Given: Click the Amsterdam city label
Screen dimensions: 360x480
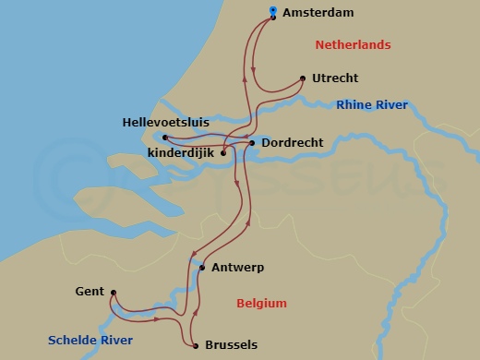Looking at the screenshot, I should (x=319, y=13).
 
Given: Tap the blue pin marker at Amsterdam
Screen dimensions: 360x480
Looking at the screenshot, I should (x=273, y=12).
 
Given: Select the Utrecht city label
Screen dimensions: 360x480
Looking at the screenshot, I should (x=335, y=78).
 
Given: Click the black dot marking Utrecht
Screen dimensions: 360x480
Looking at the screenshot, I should (x=304, y=78).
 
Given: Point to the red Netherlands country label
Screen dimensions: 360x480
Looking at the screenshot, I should (x=353, y=44).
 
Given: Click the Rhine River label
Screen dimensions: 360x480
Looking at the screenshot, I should (x=372, y=105).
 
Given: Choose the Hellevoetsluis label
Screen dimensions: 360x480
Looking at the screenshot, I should (x=165, y=122).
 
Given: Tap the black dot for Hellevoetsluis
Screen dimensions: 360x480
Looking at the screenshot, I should (x=165, y=138).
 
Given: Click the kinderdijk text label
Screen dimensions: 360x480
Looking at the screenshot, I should (x=182, y=152).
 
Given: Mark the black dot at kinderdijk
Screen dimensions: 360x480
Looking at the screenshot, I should (x=223, y=153).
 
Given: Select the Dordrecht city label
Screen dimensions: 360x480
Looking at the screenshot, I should (x=291, y=143).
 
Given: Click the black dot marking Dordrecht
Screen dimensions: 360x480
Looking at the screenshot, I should (x=253, y=143).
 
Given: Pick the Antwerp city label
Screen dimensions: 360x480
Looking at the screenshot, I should (x=237, y=268).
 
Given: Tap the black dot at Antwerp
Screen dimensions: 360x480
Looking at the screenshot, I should (x=202, y=268).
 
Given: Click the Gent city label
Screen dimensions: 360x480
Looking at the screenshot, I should (x=90, y=292).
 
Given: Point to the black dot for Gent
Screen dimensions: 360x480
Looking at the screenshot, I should (x=113, y=294).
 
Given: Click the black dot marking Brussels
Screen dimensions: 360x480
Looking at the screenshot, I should (x=196, y=346).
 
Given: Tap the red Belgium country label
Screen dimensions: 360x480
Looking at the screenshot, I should (x=261, y=303).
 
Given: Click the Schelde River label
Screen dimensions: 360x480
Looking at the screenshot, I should (x=90, y=341).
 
